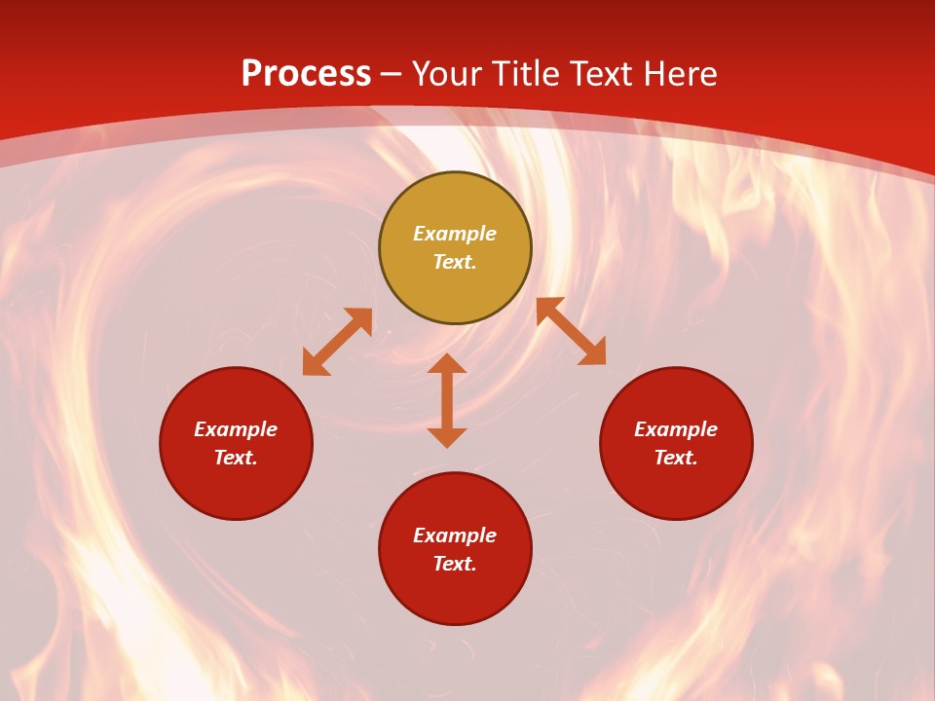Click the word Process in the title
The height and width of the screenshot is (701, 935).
[x=306, y=74]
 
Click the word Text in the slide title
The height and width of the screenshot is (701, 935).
[x=603, y=74]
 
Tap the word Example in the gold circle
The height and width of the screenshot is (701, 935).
[x=455, y=234]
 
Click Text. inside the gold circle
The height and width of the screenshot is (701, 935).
[x=455, y=262]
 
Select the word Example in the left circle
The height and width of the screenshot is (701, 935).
[x=236, y=429]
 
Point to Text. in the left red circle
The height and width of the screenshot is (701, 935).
[x=236, y=458]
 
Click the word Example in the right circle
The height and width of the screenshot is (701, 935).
[x=676, y=429]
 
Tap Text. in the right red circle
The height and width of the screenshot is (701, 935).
[x=676, y=458]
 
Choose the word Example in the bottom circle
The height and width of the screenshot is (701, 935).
[x=455, y=535]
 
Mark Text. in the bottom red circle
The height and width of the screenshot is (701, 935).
[x=455, y=564]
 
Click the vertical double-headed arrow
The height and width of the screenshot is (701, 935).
[x=447, y=400]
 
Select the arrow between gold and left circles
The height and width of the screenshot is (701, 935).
[x=337, y=342]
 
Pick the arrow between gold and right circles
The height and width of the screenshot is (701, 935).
[x=571, y=331]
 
